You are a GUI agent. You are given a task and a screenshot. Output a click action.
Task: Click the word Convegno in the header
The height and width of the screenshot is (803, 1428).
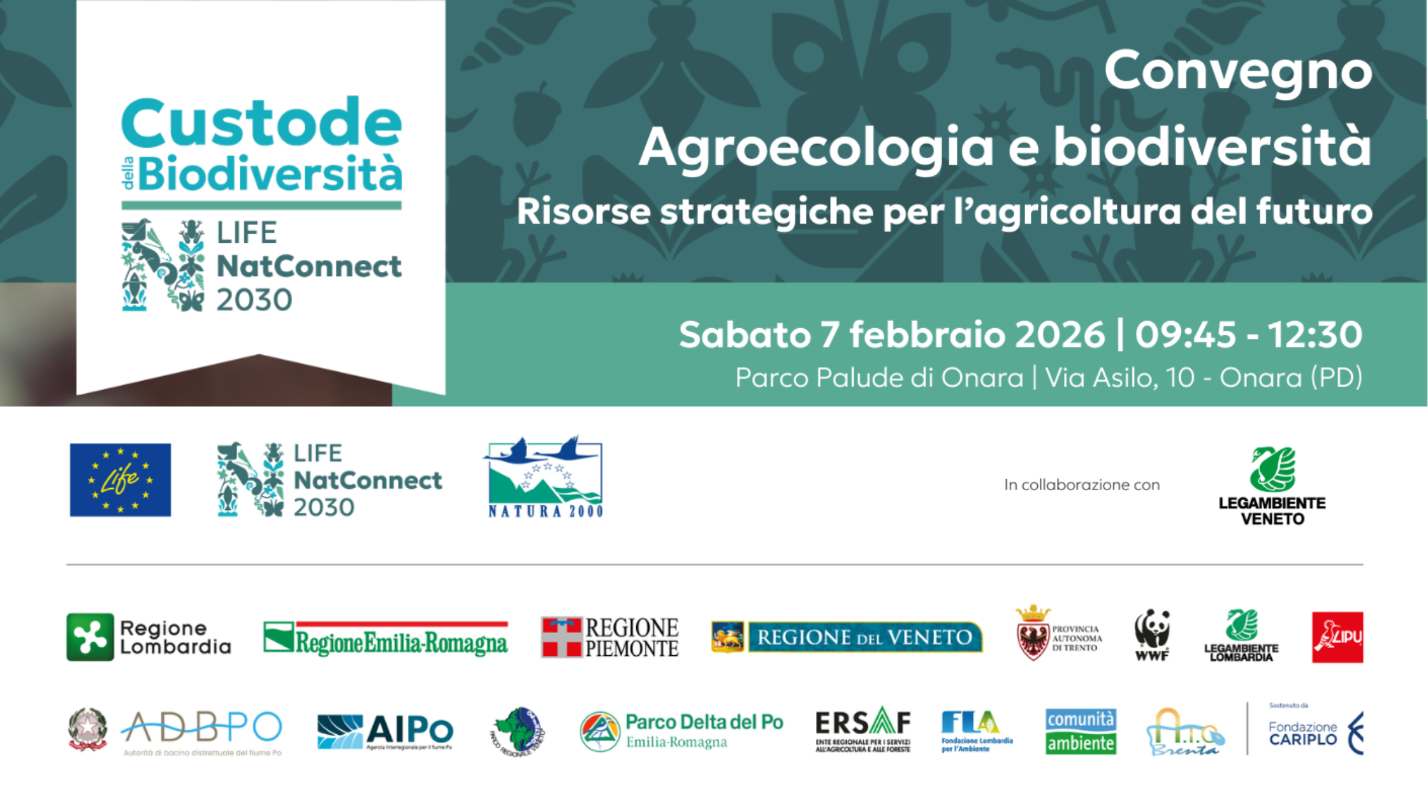click(1237, 71)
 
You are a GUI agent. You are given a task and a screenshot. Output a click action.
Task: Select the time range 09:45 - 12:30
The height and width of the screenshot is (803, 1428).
click(1248, 335)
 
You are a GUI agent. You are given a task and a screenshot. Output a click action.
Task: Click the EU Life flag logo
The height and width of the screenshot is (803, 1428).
click(120, 479)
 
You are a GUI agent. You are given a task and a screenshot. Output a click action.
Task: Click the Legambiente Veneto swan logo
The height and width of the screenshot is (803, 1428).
click(1272, 470)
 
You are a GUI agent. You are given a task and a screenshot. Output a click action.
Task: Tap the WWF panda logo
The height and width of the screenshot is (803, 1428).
click(1152, 634)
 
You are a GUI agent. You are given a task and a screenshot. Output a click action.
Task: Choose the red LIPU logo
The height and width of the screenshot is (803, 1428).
click(1337, 637)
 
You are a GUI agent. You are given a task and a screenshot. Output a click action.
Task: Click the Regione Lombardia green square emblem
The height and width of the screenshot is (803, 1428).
click(90, 637)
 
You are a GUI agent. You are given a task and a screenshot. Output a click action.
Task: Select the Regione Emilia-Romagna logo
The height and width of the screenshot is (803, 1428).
click(386, 638)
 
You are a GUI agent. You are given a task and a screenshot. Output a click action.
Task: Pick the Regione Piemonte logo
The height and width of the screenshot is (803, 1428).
click(609, 637)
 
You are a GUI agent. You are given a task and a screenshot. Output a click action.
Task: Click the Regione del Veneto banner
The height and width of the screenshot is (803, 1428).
click(847, 637)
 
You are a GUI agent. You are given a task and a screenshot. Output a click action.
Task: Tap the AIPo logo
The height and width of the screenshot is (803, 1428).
click(385, 731)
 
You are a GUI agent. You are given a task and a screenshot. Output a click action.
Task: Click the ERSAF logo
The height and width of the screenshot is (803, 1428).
click(863, 730)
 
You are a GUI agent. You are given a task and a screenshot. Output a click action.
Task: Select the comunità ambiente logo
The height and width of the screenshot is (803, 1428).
click(1081, 732)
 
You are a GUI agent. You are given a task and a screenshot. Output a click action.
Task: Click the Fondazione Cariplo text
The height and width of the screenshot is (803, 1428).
click(1302, 734)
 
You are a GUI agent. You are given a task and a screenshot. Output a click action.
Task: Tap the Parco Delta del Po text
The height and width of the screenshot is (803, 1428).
click(704, 722)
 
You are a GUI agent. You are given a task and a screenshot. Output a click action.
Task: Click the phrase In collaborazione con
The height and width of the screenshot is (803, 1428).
click(1081, 485)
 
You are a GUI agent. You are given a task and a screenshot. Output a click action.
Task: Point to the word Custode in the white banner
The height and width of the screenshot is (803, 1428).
click(261, 123)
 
